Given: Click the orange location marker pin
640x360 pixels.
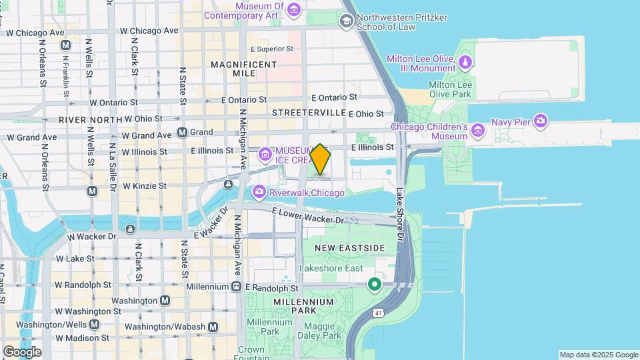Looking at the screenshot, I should tap(321, 159).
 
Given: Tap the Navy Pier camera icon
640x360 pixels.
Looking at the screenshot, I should tap(541, 121).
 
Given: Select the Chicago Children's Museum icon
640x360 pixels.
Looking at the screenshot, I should tap(477, 131).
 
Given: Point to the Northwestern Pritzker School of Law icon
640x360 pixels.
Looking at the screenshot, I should tap(346, 21).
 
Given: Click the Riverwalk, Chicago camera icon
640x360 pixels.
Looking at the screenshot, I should tap(259, 193).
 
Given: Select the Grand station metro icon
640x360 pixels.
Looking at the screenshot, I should tap(181, 132).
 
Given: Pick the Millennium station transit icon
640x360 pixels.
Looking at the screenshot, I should tap(236, 287).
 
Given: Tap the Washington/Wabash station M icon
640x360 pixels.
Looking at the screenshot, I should tap(213, 327).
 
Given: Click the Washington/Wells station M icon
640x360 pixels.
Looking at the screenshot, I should tap(94, 325).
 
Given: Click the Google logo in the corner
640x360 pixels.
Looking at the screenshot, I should tap(22, 352).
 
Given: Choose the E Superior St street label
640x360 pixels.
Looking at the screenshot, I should tap(271, 49).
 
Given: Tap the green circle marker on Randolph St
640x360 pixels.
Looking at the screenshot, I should tap(375, 285).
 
